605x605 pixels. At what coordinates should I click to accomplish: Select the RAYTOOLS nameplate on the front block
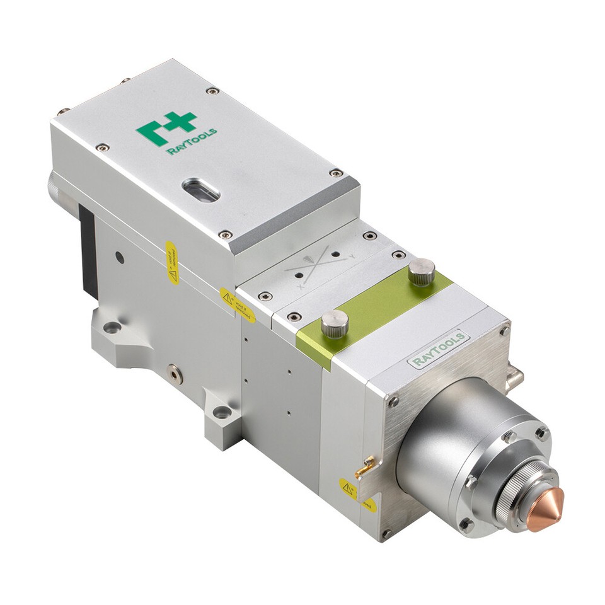pos(439,349)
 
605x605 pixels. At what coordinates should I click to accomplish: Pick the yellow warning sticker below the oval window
pos(171,262)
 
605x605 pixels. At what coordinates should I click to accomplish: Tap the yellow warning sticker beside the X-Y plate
pos(238,305)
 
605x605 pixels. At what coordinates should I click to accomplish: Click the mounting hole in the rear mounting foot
pos(112,327)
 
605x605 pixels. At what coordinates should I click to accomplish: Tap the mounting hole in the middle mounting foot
pos(222,413)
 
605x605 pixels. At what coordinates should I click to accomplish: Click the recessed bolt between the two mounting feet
pos(175,374)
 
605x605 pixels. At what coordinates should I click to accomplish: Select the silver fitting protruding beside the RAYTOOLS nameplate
pos(514,377)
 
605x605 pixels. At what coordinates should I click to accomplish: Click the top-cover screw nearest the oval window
pos(225,234)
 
